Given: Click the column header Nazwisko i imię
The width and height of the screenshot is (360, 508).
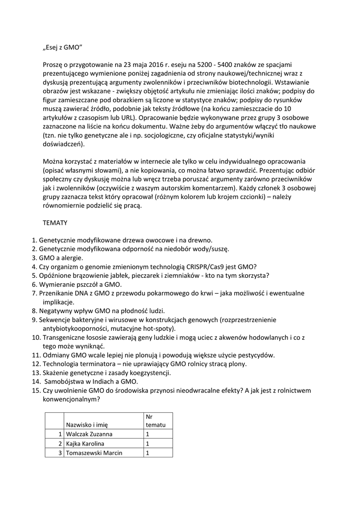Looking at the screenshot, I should [x=90, y=425].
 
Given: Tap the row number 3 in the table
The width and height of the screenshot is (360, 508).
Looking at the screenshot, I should [x=60, y=452].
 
